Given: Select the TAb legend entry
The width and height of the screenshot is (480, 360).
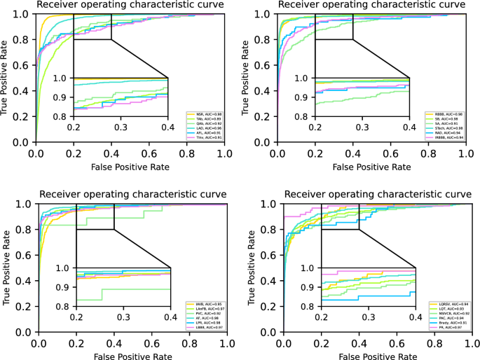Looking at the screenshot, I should click(x=205, y=118).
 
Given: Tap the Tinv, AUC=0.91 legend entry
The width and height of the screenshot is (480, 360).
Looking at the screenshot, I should click(x=205, y=138).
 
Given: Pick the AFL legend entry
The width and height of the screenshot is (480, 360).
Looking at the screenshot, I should click(x=205, y=133).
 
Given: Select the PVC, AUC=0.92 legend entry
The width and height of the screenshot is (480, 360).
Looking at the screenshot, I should click(x=205, y=313).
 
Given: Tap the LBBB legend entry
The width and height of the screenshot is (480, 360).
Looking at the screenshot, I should click(x=205, y=328).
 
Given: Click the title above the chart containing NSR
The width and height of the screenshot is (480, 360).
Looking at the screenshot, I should click(x=130, y=5).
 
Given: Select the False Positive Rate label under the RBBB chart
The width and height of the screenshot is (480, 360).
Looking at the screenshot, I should click(x=371, y=167).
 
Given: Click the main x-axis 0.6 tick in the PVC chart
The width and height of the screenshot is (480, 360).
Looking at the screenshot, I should click(x=149, y=345).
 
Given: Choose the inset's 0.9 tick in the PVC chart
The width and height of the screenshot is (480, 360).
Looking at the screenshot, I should click(x=64, y=287).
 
